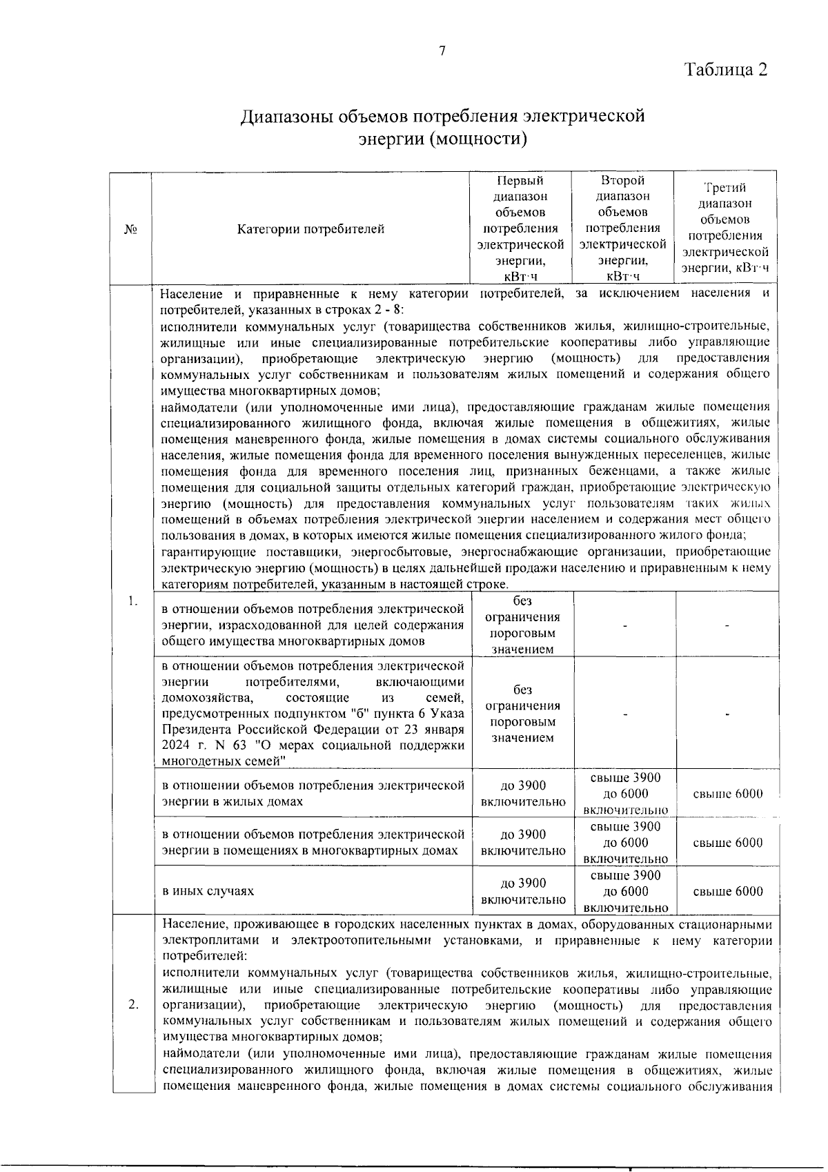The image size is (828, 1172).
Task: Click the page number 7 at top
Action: point(442,50)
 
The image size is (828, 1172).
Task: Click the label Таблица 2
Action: point(725,70)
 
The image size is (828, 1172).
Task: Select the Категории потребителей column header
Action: point(310,228)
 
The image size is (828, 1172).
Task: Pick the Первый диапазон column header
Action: point(521,228)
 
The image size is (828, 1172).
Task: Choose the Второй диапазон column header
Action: point(622,228)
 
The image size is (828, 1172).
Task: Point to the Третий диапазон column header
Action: point(725,228)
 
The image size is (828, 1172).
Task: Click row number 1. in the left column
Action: point(132,602)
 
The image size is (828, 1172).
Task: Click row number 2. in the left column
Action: point(133,1004)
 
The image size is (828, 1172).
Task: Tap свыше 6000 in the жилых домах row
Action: point(728,794)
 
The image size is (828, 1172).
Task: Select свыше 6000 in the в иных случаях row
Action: point(728,891)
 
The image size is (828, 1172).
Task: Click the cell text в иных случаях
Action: point(208,891)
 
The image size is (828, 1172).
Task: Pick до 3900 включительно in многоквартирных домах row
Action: point(522,843)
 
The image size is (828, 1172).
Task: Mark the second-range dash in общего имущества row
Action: point(625,625)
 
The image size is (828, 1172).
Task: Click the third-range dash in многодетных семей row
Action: point(728,715)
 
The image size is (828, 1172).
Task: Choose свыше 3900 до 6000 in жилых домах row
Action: point(625,794)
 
